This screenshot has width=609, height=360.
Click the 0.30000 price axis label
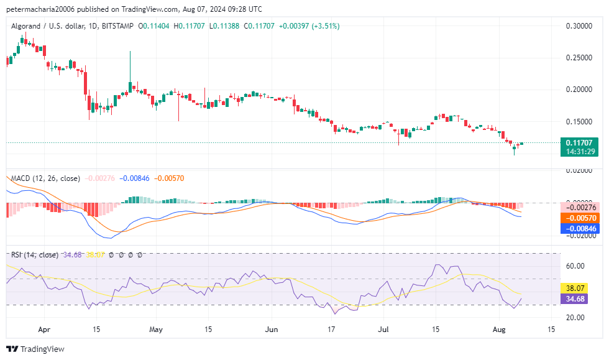point(578,26)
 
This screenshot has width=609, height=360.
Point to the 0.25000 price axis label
point(578,58)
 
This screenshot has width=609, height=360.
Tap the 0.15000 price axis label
point(578,121)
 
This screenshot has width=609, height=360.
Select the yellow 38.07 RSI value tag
point(579,288)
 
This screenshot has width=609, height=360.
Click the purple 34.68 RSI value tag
point(579,299)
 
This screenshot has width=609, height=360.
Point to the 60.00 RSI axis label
point(575,265)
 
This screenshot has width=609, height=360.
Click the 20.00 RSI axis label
point(575,317)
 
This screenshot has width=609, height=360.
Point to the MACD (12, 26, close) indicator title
point(45,178)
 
